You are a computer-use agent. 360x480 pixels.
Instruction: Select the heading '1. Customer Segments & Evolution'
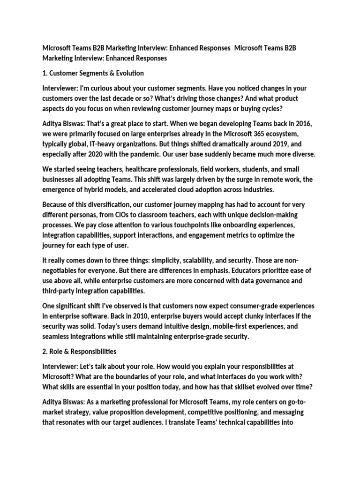click(x=93, y=73)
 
